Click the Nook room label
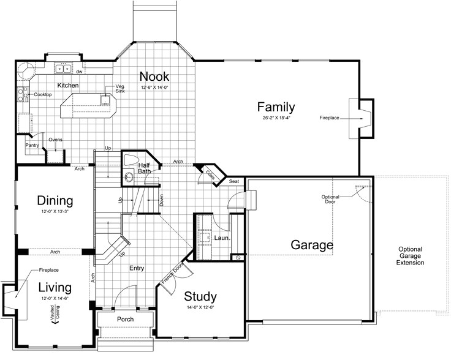(154, 77)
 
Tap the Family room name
(276, 107)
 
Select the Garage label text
(312, 245)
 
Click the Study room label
(200, 296)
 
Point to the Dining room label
(55, 201)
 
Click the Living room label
(55, 287)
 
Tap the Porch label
(126, 319)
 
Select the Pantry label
(32, 145)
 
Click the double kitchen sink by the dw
(63, 69)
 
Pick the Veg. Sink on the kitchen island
(105, 99)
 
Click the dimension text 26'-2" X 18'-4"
(276, 118)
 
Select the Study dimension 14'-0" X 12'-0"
(200, 307)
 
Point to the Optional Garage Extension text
(410, 256)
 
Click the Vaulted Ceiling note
(55, 314)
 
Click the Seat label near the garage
(234, 181)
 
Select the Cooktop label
(43, 94)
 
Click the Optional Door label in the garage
(330, 199)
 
